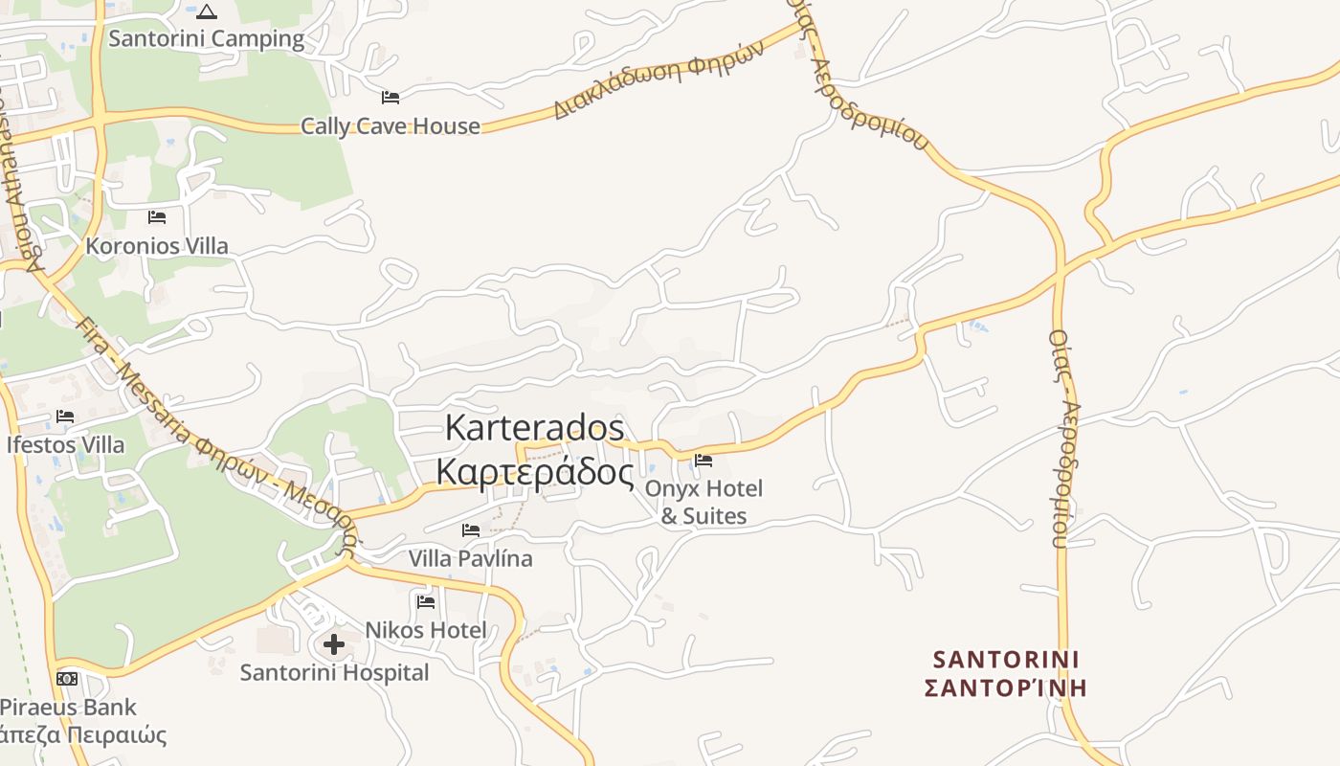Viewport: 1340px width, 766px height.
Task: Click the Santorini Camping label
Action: tap(206, 39)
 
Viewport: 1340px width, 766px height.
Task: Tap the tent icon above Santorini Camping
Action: tap(207, 11)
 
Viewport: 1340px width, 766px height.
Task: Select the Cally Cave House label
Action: tap(391, 126)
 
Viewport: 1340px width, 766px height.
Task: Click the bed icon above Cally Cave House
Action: tap(390, 98)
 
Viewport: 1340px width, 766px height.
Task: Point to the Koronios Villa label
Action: tap(157, 246)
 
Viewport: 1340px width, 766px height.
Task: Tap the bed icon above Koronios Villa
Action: tap(157, 217)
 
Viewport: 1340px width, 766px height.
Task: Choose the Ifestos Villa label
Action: tap(65, 445)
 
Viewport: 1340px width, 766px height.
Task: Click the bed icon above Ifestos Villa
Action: tap(65, 417)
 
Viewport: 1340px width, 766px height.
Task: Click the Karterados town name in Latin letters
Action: tap(535, 428)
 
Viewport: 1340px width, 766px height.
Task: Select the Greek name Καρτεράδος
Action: tap(535, 472)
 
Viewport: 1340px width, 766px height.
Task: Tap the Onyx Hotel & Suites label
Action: tap(704, 503)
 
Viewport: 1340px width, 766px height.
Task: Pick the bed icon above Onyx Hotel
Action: tap(703, 461)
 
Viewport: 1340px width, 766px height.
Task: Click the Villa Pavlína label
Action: tap(471, 558)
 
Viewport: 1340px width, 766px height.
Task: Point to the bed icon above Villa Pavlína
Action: tap(471, 530)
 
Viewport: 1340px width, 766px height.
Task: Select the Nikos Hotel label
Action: tap(426, 630)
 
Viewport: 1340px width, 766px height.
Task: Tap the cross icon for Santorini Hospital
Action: tap(334, 644)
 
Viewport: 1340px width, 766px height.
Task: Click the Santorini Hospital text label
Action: tap(334, 672)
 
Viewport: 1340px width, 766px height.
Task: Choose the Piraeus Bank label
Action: tap(68, 708)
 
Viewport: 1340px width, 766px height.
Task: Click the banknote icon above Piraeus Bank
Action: tap(67, 679)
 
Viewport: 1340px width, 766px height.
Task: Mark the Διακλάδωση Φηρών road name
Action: tap(659, 79)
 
